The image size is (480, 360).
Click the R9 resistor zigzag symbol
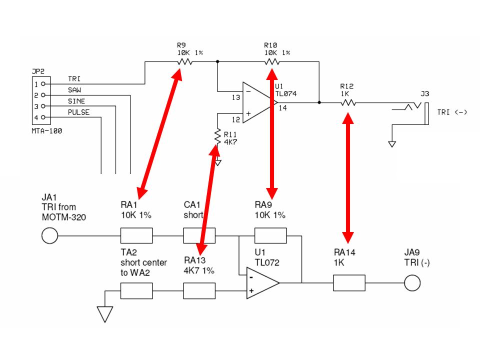(x=184, y=62)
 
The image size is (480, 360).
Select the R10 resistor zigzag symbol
(x=272, y=62)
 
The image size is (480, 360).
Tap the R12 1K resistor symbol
(x=348, y=102)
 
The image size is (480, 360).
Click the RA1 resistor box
(x=136, y=235)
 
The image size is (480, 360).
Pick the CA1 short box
(x=199, y=235)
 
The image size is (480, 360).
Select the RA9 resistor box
(x=270, y=235)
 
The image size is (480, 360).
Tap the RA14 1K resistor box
(x=349, y=283)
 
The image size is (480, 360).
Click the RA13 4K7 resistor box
(x=199, y=291)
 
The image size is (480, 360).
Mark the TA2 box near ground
(x=136, y=291)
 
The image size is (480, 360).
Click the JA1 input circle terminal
(x=49, y=235)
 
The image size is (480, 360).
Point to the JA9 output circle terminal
(x=412, y=283)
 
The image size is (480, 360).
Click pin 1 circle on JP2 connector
(x=43, y=83)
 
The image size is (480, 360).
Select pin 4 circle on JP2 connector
(x=43, y=117)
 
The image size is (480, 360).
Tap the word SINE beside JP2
(x=76, y=101)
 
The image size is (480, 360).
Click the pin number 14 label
(x=283, y=108)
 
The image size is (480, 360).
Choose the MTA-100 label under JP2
(x=47, y=131)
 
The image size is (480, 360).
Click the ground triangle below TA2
(x=105, y=314)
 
